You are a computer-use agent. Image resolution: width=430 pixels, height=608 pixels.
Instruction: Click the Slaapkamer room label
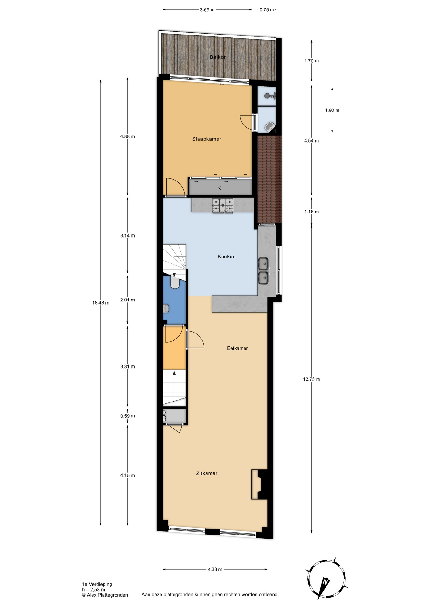tap(206, 139)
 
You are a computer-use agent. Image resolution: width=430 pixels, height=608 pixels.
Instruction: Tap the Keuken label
tap(226, 256)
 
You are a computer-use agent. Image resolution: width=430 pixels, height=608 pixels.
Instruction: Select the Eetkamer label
tap(237, 348)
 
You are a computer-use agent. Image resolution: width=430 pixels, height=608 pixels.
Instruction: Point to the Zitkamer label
tap(206, 473)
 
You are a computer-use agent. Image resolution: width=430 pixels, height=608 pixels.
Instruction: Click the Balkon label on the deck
tap(218, 57)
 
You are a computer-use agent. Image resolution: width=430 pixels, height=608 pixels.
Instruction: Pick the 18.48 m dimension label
tap(101, 303)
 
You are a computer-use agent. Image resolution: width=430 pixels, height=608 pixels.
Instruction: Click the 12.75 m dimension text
tap(311, 379)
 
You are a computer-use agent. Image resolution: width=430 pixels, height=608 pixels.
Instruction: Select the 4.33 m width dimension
tap(215, 569)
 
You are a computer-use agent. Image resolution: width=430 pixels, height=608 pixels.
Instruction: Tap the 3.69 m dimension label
tap(207, 10)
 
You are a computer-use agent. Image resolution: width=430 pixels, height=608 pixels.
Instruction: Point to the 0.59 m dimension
tap(127, 416)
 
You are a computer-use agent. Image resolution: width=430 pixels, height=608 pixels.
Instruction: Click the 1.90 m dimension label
tap(332, 111)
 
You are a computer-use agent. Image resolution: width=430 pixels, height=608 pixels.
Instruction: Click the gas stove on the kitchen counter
tap(223, 205)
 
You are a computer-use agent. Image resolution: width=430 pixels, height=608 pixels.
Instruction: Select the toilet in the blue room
tap(175, 282)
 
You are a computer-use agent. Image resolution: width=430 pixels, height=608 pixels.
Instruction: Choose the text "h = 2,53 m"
tap(93, 590)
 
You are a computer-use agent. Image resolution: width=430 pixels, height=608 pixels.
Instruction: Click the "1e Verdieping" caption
tap(97, 584)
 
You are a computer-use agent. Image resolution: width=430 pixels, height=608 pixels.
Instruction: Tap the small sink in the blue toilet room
tap(166, 308)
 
